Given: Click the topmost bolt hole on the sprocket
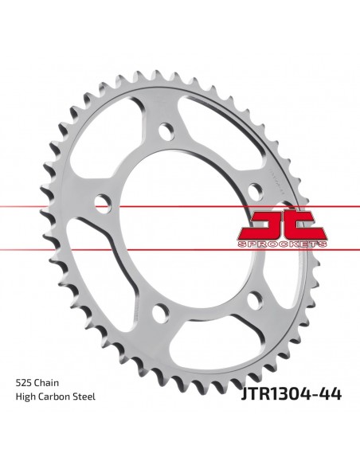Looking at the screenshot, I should [167, 130].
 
